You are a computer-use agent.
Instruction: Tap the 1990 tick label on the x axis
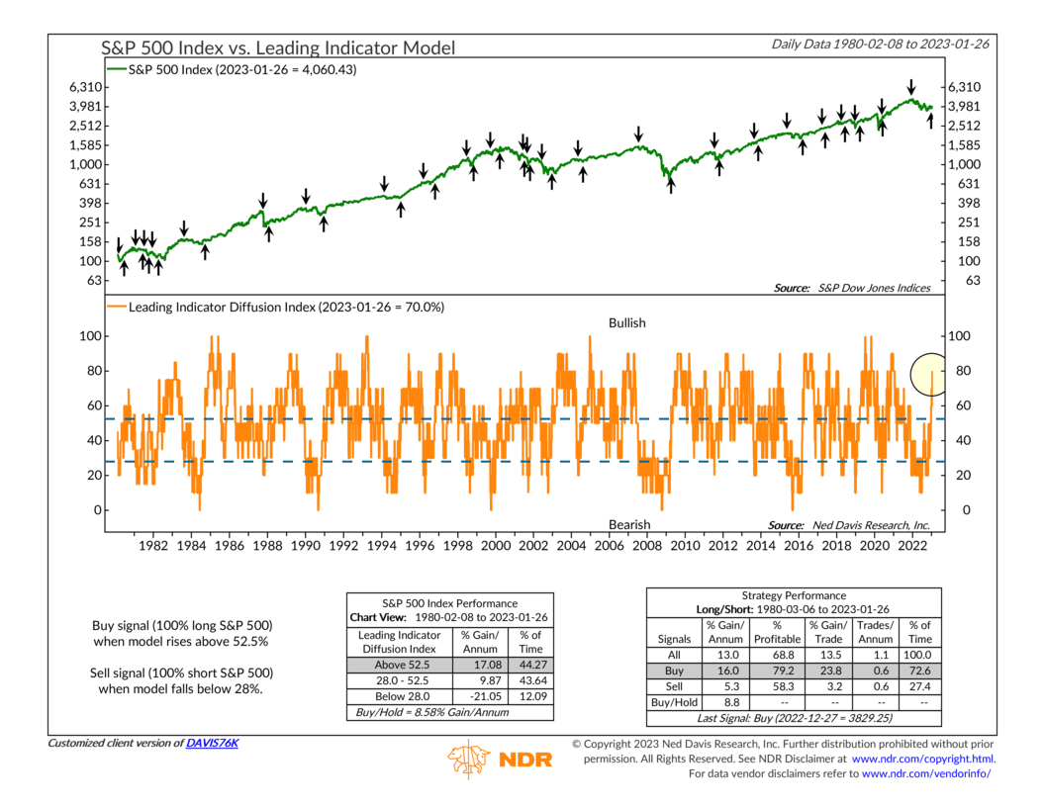pyautogui.click(x=305, y=546)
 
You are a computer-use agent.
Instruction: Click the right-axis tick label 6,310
pyautogui.click(x=969, y=87)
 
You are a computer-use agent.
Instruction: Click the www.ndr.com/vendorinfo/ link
pyautogui.click(x=929, y=772)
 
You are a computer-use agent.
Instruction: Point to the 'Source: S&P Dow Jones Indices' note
pyautogui.click(x=854, y=288)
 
